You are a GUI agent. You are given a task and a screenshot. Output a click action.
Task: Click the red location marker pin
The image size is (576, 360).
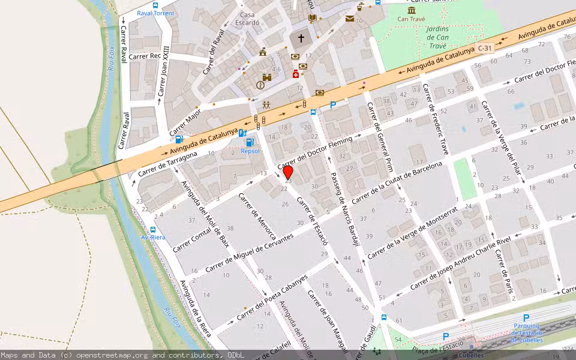point(288,173)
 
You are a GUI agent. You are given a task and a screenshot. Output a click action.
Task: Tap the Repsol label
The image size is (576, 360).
point(250,151)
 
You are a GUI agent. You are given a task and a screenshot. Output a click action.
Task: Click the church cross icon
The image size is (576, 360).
point(301,38)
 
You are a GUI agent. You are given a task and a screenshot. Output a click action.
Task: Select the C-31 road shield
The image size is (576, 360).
point(485,48)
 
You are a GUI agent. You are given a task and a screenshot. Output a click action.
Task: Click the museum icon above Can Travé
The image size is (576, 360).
point(412,10)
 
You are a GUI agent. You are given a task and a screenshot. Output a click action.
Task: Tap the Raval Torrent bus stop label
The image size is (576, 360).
point(155,13)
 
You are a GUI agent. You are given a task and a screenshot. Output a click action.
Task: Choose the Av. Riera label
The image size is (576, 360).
point(152,237)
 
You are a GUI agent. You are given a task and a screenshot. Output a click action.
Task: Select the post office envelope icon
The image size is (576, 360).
point(349,19)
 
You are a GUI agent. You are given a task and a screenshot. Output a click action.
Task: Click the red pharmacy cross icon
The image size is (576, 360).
point(296,74)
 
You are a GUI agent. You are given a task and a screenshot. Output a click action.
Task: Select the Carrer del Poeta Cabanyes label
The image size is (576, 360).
point(272,296)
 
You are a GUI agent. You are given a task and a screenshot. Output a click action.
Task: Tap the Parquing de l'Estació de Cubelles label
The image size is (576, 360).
point(526,332)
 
